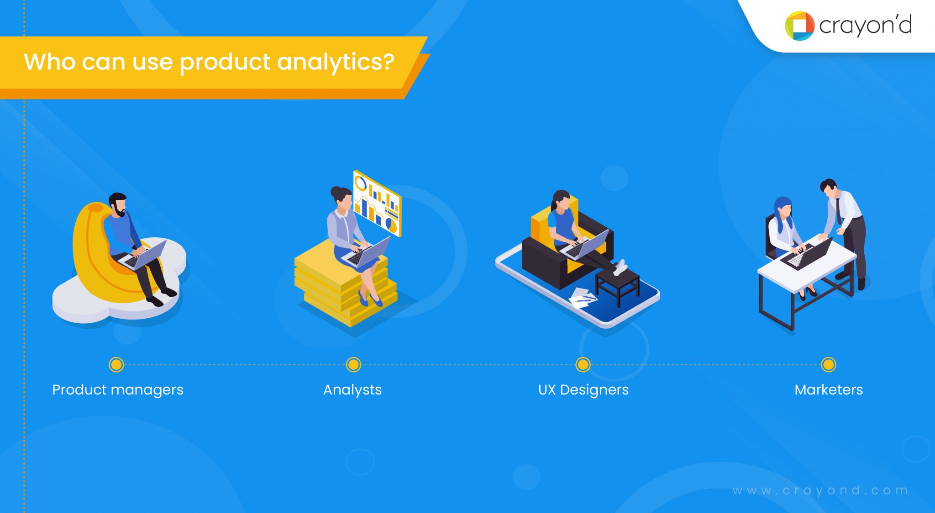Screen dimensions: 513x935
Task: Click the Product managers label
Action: point(118,390)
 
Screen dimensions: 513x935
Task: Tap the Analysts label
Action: point(352,390)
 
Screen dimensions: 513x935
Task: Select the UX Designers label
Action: point(583,390)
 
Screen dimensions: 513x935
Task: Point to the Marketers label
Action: point(829,390)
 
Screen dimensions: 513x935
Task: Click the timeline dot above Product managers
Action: point(116,364)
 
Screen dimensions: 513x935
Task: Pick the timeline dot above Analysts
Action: point(353,364)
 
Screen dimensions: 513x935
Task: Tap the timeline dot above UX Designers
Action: point(583,364)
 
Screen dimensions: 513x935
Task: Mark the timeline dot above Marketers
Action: point(828,364)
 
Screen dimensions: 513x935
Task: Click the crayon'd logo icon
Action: point(799,26)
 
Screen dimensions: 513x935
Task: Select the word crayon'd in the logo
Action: point(865,26)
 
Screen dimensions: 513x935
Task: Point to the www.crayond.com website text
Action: point(820,491)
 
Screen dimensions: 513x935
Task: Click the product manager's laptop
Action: point(144,255)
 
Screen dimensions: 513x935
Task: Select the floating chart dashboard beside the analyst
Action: point(377,203)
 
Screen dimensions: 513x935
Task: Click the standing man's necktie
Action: point(839,210)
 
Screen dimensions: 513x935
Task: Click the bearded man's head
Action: point(118,204)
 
